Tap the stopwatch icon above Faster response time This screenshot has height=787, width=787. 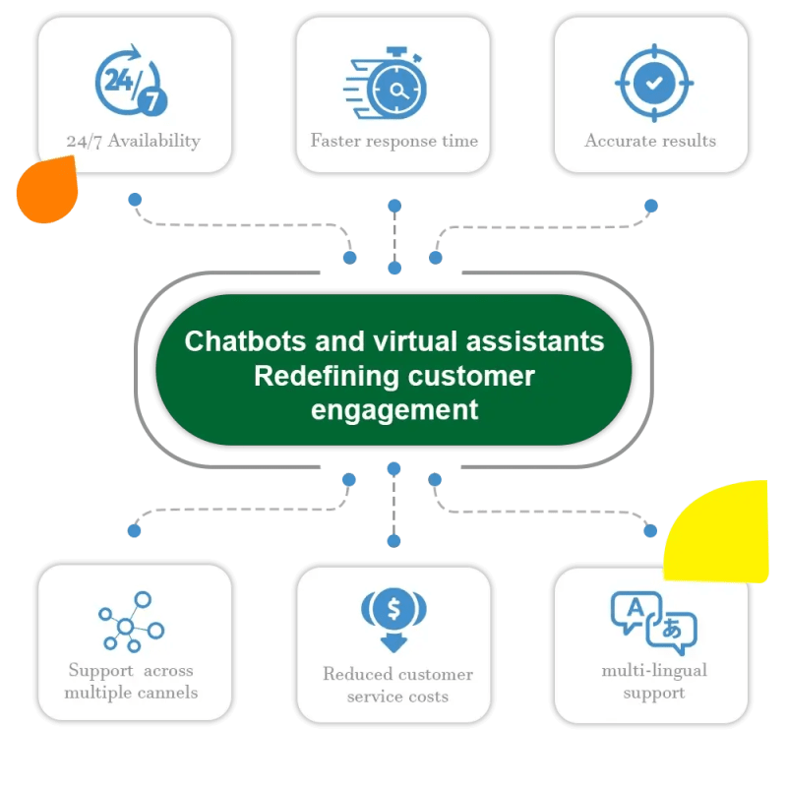click(393, 84)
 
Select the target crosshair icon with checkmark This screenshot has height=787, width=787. click(650, 84)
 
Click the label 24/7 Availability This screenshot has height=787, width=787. click(134, 141)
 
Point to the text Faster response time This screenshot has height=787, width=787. click(393, 141)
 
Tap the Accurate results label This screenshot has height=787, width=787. click(650, 141)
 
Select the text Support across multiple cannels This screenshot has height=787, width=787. click(131, 681)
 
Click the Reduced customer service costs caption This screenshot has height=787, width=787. click(397, 686)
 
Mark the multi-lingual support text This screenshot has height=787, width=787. click(654, 681)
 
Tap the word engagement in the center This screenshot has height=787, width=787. click(394, 409)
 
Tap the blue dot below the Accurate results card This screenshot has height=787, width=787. click(650, 206)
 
